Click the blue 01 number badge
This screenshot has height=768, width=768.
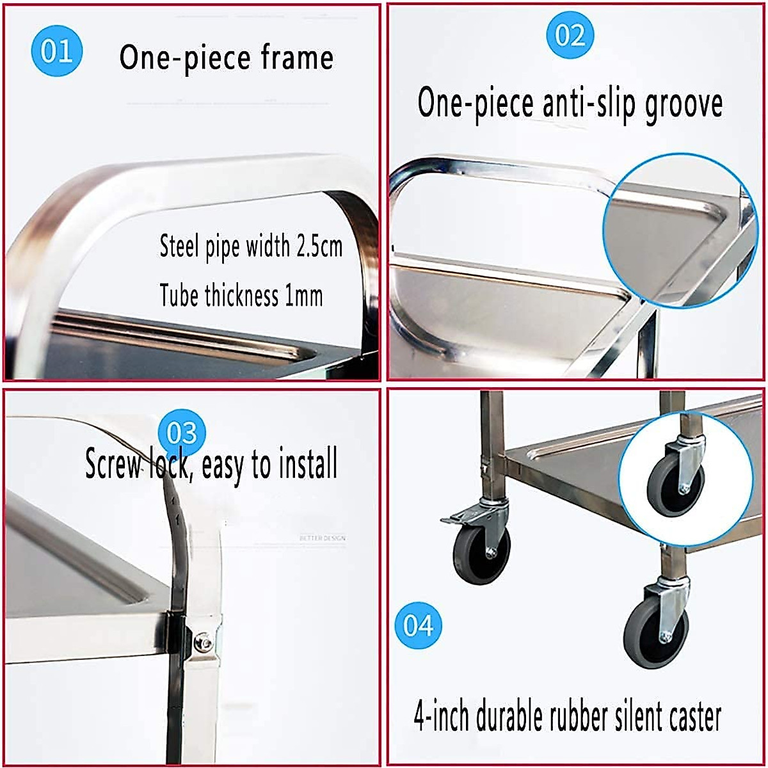point(56,51)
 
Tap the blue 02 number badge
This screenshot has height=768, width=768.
point(570,35)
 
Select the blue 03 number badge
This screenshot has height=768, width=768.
point(182,433)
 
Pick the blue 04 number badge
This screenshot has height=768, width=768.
point(418,625)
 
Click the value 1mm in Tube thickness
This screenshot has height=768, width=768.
point(303,296)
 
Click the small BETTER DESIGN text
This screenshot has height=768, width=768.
point(322,538)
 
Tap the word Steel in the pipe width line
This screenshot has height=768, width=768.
point(180,246)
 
